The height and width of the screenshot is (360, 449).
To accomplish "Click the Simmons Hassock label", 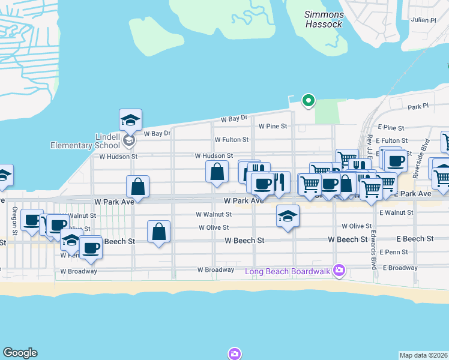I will (x=324, y=19).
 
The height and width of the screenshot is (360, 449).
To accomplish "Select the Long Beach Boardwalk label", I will (x=289, y=271).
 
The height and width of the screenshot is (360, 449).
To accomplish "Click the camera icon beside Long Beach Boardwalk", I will (x=340, y=271).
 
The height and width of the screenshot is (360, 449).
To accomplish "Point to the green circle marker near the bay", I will (x=309, y=100).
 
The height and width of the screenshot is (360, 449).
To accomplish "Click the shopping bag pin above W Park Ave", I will (x=138, y=186).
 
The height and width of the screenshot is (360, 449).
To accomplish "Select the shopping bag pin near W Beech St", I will (x=158, y=231).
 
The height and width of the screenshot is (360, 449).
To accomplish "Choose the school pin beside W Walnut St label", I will (x=288, y=216).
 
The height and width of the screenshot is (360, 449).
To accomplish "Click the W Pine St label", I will (x=274, y=127).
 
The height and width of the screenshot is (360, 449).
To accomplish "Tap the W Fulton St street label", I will (x=232, y=140).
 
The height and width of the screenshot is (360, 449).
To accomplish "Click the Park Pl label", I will (x=418, y=107).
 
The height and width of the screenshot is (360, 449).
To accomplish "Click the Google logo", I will (x=20, y=353).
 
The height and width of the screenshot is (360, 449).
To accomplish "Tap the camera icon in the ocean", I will (x=234, y=353).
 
